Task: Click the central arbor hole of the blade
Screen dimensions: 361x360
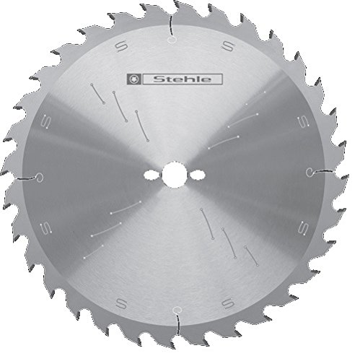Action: pyautogui.click(x=173, y=175)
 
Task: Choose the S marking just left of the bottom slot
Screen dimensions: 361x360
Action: pyautogui.click(x=119, y=301)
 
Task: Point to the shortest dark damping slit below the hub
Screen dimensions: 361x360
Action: pyautogui.click(x=250, y=254)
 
